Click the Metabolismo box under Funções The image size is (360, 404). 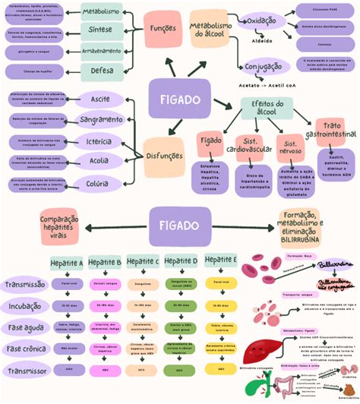tap(101, 13)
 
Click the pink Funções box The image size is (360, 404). tap(163, 27)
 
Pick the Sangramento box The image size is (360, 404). tap(100, 120)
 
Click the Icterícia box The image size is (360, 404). tap(100, 140)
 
